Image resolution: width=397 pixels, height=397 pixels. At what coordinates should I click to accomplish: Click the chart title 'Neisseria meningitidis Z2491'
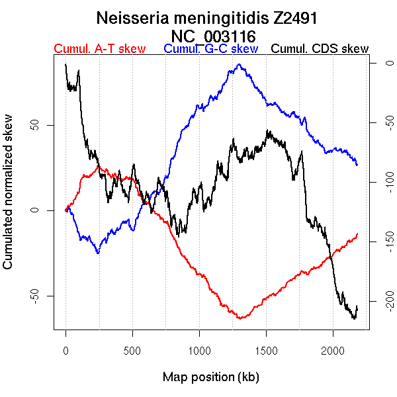[210, 18]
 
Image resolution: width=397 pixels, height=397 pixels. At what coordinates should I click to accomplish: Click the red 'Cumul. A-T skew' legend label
[99, 49]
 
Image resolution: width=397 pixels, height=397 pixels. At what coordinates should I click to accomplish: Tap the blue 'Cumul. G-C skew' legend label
[210, 49]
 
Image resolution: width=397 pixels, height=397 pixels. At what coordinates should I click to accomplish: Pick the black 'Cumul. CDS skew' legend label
[320, 49]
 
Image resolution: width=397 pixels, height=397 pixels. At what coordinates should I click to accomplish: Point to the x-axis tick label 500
[132, 351]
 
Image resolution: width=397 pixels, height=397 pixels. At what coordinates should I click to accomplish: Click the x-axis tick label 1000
[199, 351]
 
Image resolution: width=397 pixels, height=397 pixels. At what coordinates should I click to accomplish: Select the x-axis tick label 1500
[266, 351]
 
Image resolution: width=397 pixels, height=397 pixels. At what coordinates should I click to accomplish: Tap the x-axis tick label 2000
[333, 351]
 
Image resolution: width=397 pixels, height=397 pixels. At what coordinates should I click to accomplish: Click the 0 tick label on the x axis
[66, 351]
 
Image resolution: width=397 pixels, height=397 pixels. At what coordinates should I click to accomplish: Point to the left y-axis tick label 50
[32, 125]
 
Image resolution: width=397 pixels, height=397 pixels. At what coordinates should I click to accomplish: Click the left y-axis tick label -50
[32, 295]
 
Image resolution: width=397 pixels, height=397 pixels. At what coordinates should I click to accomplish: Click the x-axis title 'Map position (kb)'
[210, 378]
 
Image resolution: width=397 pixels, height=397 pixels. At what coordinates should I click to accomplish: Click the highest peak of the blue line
[239, 64]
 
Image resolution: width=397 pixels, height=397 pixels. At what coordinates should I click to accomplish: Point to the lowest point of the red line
[240, 319]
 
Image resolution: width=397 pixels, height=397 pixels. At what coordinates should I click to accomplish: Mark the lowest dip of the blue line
[98, 253]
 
